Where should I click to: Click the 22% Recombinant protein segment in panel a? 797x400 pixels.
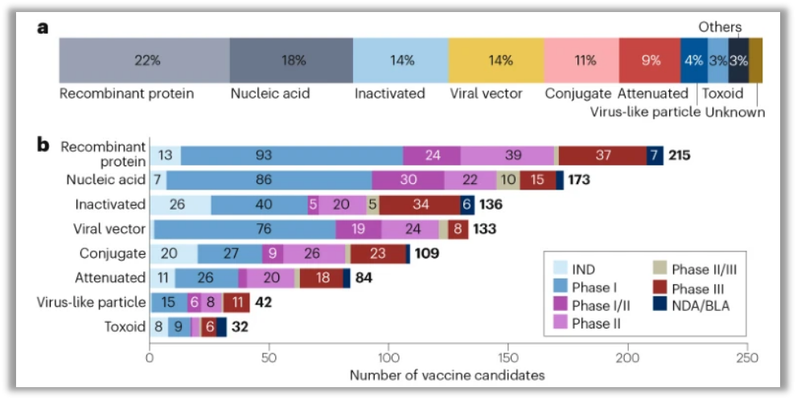[x=145, y=60]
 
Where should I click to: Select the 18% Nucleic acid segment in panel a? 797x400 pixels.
[x=291, y=60]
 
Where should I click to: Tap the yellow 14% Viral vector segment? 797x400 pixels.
[x=495, y=60]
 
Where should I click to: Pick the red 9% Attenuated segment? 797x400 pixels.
[x=650, y=60]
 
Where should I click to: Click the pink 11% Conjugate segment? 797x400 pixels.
[x=581, y=60]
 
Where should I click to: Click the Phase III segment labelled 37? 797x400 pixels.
[x=603, y=155]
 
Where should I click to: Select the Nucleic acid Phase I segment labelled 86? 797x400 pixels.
[x=269, y=180]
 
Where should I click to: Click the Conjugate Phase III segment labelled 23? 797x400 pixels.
[x=377, y=254]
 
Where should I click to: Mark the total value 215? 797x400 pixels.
[x=680, y=155]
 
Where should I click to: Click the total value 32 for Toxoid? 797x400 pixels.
[x=240, y=328]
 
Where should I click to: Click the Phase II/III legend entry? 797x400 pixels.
[x=692, y=270]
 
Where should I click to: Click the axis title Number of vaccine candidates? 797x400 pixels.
[x=447, y=375]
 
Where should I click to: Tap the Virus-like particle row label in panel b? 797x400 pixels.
[x=91, y=303]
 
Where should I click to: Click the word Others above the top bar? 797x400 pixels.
[x=719, y=27]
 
